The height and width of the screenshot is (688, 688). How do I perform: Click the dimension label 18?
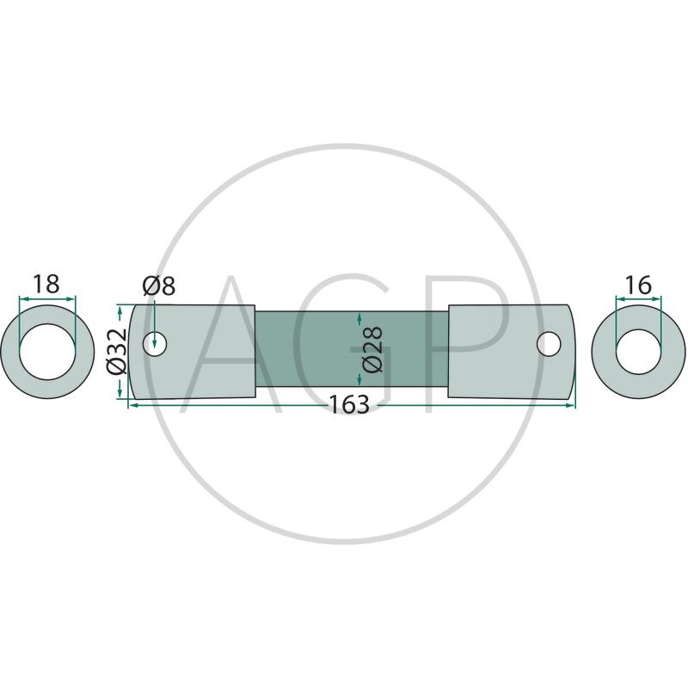coord(46,284)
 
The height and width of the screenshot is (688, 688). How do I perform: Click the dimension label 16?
coord(638,286)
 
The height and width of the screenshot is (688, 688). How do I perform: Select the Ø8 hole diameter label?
coord(159,286)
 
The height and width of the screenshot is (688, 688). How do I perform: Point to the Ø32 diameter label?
coord(117,352)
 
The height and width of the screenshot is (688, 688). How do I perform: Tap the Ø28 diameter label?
coord(373,349)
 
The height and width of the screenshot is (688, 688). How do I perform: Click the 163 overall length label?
coord(349,404)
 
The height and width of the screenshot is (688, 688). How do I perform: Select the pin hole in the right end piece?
coord(549,344)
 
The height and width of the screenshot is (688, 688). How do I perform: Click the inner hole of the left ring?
coord(47,352)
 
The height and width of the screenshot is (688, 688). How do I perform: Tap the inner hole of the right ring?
coord(638,352)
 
